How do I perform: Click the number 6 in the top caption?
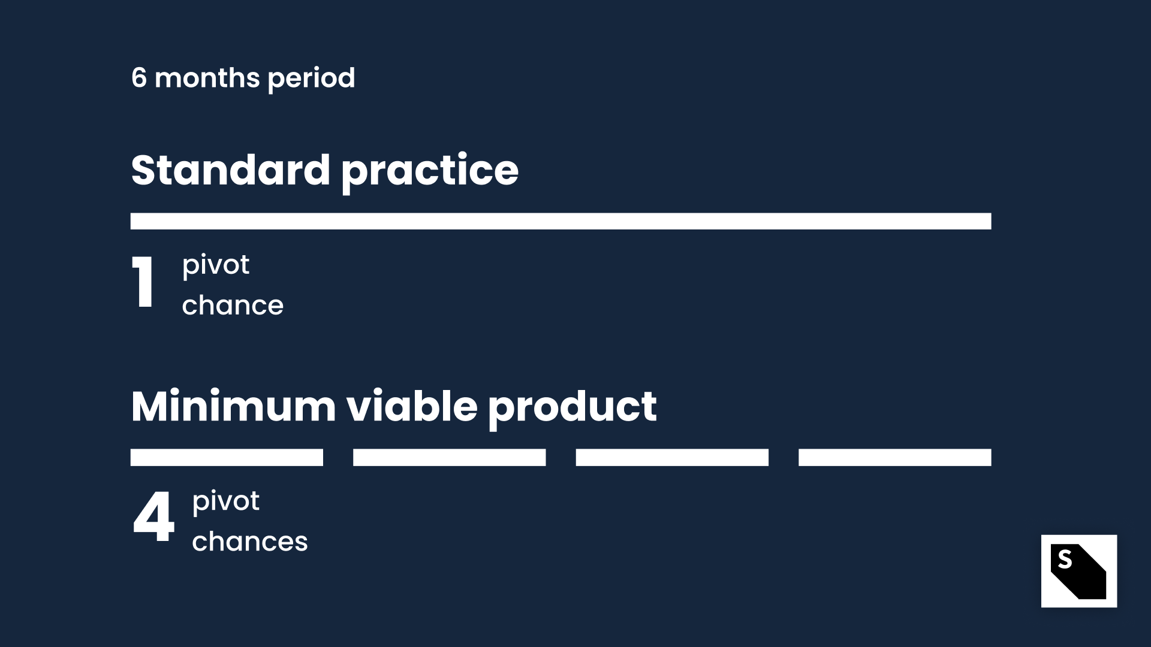[x=139, y=78]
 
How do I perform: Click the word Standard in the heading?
[x=231, y=170]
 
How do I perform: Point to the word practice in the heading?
[x=430, y=173]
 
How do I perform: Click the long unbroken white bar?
[x=561, y=221]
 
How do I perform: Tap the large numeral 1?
[x=143, y=282]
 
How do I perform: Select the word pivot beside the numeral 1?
[x=216, y=265]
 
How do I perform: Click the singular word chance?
[x=233, y=306]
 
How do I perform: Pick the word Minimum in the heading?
[x=233, y=407]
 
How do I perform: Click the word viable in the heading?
[x=412, y=407]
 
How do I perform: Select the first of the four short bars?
[x=227, y=457]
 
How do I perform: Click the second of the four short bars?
[x=450, y=457]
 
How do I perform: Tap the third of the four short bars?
[x=672, y=457]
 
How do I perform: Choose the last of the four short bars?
[x=895, y=457]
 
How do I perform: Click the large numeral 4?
[x=153, y=517]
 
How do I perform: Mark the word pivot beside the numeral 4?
[x=226, y=501]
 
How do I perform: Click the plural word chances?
[x=250, y=542]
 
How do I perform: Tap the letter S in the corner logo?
[x=1065, y=559]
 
